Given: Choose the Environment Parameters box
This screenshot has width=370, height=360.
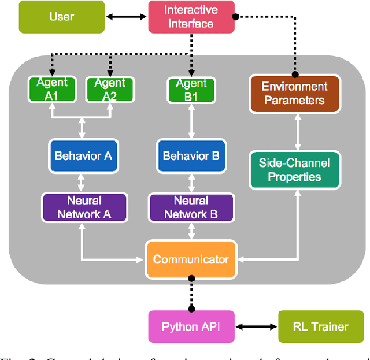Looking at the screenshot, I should click(294, 93).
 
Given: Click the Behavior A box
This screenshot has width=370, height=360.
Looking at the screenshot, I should click(83, 155).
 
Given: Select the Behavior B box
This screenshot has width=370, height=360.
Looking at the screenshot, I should click(191, 155).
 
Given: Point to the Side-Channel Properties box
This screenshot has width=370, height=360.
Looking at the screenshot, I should click(294, 170).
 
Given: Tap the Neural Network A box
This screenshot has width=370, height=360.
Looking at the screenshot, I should click(83, 207).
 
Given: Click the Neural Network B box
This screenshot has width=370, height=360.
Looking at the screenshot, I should click(191, 207).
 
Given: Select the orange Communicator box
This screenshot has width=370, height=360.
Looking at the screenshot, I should click(191, 259).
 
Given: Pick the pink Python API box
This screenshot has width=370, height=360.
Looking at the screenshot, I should click(191, 326).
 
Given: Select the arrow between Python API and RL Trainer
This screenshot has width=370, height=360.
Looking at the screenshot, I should click(256, 326).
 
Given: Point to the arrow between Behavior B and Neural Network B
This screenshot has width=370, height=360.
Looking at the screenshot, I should click(191, 181).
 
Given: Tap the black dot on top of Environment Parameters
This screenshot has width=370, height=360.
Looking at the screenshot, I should click(294, 75).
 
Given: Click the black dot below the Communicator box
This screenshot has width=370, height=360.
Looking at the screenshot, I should click(191, 279).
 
